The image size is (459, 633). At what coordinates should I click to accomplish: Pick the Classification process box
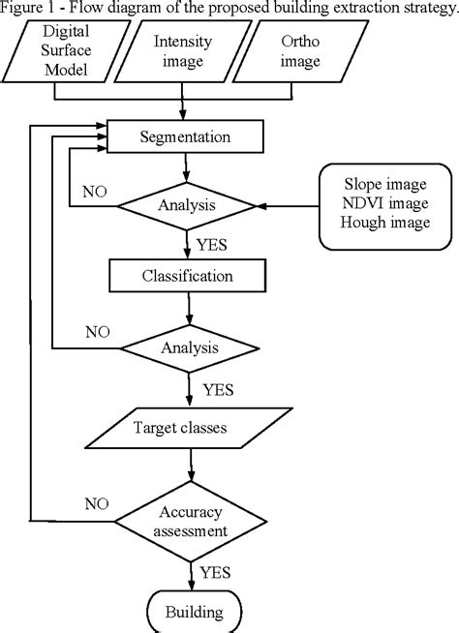click(185, 277)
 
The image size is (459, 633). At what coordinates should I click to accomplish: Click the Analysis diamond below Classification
click(185, 346)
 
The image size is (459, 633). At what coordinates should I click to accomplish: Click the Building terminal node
click(192, 612)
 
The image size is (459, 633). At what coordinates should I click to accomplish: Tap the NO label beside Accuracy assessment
click(94, 503)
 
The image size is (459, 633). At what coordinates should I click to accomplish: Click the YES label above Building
click(216, 572)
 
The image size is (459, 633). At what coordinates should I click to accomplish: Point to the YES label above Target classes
click(219, 388)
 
